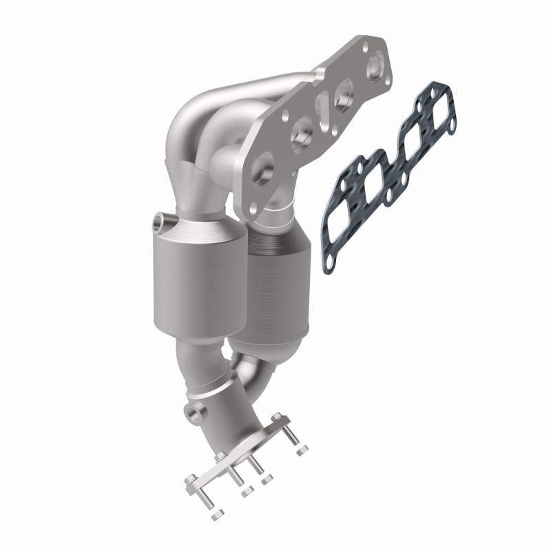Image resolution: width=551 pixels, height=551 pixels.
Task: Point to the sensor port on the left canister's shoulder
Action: [x=160, y=221]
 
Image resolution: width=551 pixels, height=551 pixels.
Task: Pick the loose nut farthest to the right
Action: [x=301, y=451]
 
